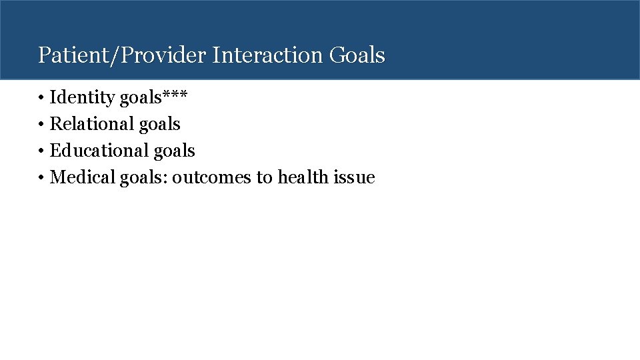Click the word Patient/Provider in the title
click(x=123, y=55)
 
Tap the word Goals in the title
click(x=357, y=55)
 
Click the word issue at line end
click(x=355, y=178)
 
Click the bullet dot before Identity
click(x=41, y=99)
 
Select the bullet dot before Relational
click(x=41, y=125)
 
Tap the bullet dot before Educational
click(x=41, y=152)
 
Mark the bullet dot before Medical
click(x=41, y=179)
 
